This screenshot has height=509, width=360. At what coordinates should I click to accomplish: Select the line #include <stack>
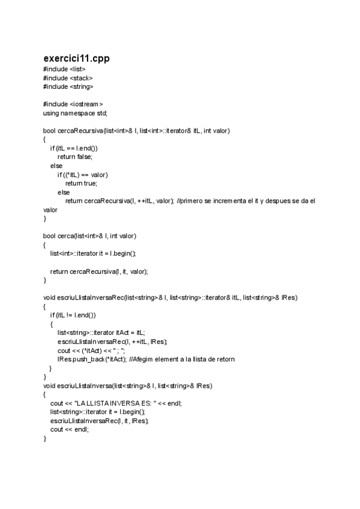point(68,77)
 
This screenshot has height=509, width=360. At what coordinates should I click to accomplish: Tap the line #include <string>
point(68,86)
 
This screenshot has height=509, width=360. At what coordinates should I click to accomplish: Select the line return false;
point(75,156)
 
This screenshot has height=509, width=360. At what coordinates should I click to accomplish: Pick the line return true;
point(81,183)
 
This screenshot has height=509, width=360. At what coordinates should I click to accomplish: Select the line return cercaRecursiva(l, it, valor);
point(99,271)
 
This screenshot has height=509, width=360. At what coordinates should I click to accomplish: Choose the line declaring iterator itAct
point(101,333)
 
